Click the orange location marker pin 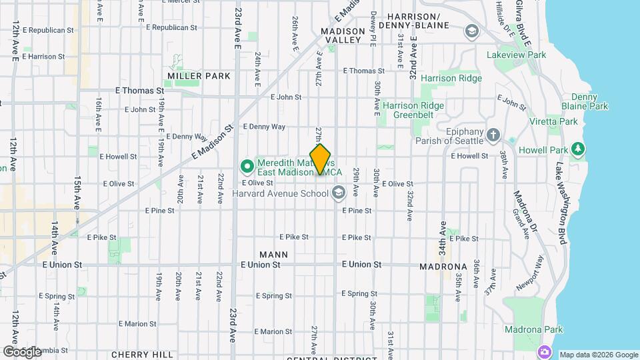[x=321, y=159]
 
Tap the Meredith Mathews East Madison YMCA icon [x=245, y=165]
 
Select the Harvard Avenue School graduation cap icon [x=339, y=193]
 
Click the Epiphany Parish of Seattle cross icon [x=493, y=135]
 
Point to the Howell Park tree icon [x=579, y=147]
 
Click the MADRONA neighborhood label [x=443, y=266]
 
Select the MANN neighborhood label [x=273, y=254]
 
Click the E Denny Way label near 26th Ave [x=264, y=126]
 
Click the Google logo [x=22, y=351]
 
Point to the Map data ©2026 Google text [x=599, y=355]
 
